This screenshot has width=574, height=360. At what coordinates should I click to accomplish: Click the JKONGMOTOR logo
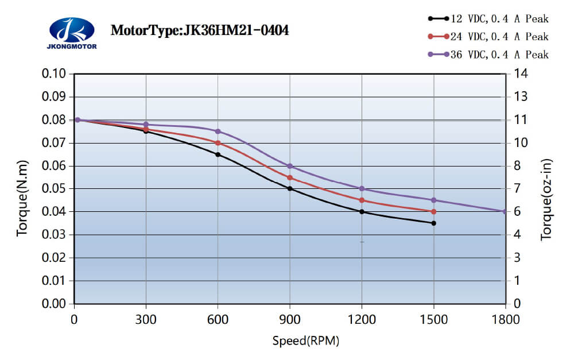(x=71, y=32)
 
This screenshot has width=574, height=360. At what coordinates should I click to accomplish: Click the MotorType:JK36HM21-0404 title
(x=199, y=30)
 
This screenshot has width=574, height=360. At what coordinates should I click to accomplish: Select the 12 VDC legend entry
(x=488, y=19)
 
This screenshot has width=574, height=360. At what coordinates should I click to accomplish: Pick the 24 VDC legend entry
(x=488, y=37)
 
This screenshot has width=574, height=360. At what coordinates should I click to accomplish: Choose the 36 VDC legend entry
(x=488, y=55)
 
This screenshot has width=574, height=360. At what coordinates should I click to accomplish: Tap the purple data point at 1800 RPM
(x=505, y=211)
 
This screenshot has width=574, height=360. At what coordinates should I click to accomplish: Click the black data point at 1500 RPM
(x=433, y=223)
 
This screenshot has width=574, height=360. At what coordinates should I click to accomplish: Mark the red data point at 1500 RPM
(x=433, y=211)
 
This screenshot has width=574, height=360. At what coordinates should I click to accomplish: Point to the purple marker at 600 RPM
(x=218, y=131)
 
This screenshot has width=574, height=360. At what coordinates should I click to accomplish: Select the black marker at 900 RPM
(x=290, y=188)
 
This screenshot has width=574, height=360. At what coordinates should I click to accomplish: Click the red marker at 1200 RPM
(x=362, y=200)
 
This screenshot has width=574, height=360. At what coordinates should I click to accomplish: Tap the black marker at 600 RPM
(x=218, y=154)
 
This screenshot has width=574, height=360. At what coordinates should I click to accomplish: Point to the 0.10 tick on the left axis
(x=54, y=74)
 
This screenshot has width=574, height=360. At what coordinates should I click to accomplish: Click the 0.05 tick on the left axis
(x=54, y=189)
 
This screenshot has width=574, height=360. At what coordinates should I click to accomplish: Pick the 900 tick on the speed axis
(x=290, y=318)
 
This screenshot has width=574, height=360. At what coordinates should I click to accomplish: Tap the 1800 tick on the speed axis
(x=505, y=318)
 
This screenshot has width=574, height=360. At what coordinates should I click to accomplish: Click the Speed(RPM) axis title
(x=305, y=341)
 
